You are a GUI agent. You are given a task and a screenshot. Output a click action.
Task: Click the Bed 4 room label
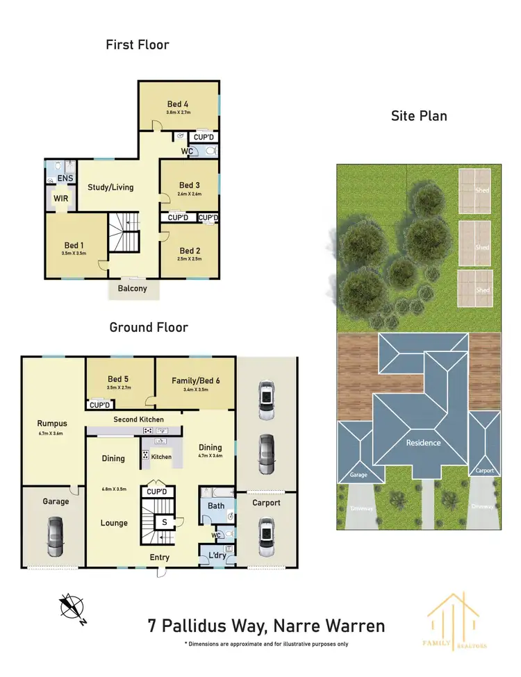(x=178, y=104)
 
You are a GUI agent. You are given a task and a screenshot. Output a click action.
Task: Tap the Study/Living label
(x=110, y=187)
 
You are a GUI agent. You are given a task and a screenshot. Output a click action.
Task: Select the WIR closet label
(x=60, y=199)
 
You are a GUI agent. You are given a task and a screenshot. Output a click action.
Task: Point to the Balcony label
(x=132, y=288)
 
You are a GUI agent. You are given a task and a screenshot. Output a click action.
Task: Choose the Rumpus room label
(x=51, y=422)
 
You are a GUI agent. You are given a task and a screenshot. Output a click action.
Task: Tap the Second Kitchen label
(x=139, y=419)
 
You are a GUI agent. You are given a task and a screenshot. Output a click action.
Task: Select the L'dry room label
(x=216, y=555)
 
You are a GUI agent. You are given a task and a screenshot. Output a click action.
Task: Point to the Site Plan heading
(x=419, y=116)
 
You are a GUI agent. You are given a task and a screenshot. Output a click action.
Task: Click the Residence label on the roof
(x=424, y=442)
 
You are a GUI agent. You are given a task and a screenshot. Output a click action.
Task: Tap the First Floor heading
(x=138, y=45)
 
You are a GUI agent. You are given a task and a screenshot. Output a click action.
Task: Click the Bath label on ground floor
(x=216, y=505)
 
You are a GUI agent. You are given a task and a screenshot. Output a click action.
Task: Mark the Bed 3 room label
(x=190, y=185)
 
